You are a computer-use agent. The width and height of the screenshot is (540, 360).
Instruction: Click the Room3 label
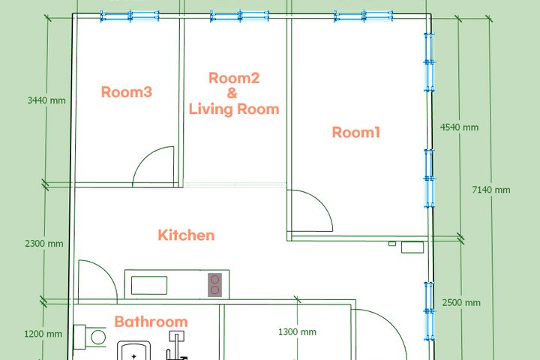[x=127, y=92]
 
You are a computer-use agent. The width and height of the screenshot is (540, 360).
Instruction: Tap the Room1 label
[x=356, y=132]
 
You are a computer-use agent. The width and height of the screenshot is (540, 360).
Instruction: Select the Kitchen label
[x=186, y=235]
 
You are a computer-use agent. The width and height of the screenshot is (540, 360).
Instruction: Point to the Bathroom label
[x=151, y=322]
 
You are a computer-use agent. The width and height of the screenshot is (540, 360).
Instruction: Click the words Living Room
[x=234, y=109]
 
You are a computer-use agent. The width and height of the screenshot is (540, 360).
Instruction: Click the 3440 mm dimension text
[x=46, y=100]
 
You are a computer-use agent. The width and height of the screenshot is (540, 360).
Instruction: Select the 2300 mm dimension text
[x=44, y=244]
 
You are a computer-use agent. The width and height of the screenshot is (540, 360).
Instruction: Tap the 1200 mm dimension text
[x=43, y=334]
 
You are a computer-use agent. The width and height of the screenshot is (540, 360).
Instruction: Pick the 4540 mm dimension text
[x=460, y=127]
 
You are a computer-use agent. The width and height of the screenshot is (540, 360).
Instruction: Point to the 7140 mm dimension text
[x=491, y=190]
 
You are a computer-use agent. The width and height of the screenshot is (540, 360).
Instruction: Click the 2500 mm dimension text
[x=461, y=303]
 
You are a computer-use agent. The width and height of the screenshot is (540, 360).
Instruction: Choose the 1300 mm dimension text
[x=297, y=331]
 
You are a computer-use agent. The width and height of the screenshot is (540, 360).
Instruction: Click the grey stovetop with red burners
[x=214, y=285]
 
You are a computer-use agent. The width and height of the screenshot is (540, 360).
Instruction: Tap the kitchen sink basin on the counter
[x=149, y=285]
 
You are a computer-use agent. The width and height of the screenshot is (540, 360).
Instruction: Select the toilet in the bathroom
[x=90, y=337]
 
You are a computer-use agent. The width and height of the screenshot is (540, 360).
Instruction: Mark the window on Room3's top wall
[x=130, y=16]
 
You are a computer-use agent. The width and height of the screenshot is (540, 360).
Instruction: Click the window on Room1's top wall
[x=364, y=16]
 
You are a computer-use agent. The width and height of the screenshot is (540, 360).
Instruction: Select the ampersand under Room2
[x=232, y=93]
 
